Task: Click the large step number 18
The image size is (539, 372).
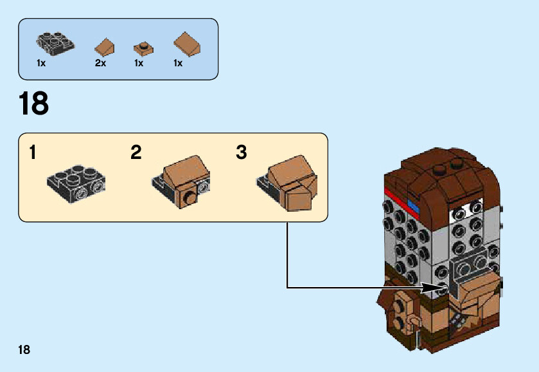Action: (34, 104)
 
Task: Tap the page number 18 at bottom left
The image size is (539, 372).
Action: (24, 350)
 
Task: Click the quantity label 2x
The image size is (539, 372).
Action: (100, 63)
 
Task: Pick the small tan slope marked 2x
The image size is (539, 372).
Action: (104, 46)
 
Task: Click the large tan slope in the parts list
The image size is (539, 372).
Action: (188, 44)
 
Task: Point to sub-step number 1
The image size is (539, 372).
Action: (33, 153)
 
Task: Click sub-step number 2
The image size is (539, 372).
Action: (136, 153)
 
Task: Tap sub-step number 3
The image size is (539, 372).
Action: (242, 153)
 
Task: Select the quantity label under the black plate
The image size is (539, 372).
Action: (41, 63)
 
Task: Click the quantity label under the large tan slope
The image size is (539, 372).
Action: (178, 63)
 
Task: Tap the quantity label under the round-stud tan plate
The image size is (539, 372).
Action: (139, 63)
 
